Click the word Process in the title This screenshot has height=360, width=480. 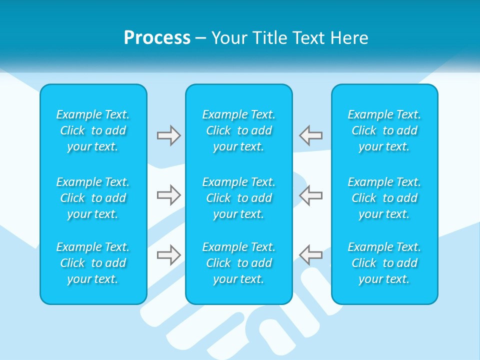[157, 38]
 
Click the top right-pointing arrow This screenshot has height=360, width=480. [168, 135]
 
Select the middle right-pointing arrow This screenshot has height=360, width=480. [168, 195]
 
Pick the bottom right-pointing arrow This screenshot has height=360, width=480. [168, 255]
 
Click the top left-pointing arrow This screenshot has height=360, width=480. [310, 135]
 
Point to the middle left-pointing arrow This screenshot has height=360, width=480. [310, 195]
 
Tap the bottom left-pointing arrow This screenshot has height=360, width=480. [310, 255]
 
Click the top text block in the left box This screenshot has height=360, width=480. [93, 130]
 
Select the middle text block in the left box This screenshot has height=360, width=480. [93, 198]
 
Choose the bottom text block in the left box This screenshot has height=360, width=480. [93, 263]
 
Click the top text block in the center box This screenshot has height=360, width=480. [239, 130]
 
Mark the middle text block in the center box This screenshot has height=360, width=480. [239, 198]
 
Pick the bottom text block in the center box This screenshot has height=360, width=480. [239, 263]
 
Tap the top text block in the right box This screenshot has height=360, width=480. [384, 130]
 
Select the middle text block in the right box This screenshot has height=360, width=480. [384, 198]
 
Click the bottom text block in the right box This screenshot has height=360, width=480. [384, 263]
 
